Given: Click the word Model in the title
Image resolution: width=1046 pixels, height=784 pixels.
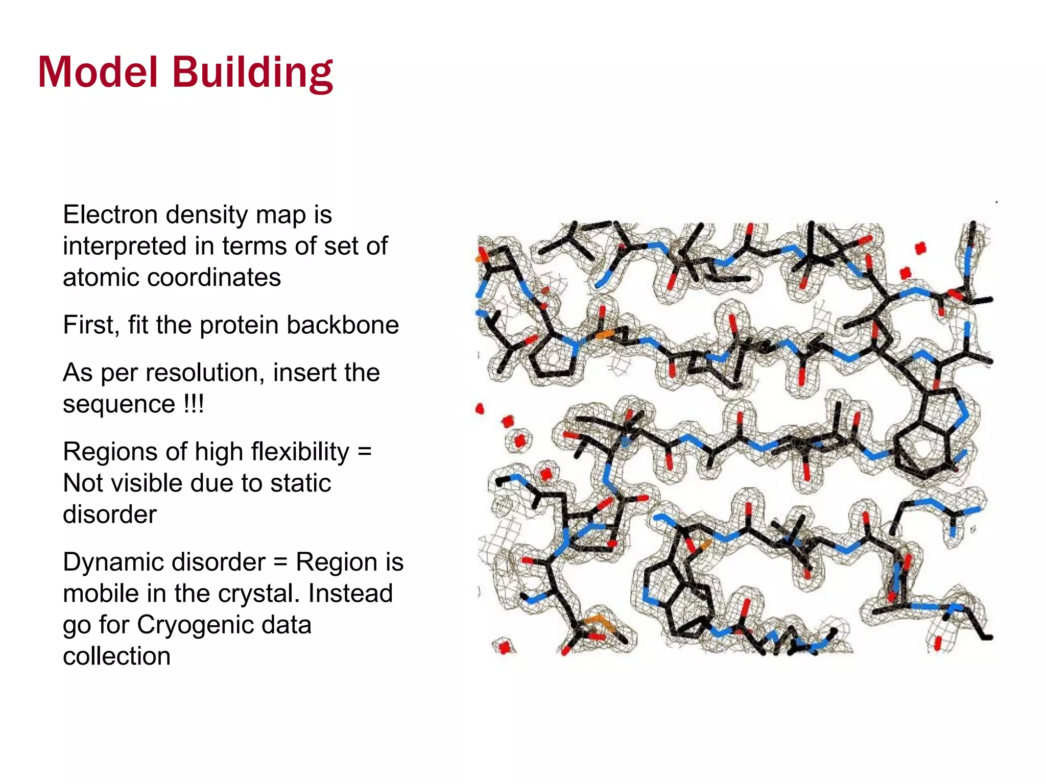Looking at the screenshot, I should coord(98,72).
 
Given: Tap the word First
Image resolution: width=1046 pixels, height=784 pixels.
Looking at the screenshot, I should coord(91,325).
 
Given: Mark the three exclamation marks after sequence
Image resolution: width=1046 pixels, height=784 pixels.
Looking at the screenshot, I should coord(194,404).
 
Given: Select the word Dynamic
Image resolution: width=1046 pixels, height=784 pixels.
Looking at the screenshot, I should coord(113,562).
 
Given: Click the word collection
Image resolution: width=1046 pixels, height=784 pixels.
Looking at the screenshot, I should coord(116,656).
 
